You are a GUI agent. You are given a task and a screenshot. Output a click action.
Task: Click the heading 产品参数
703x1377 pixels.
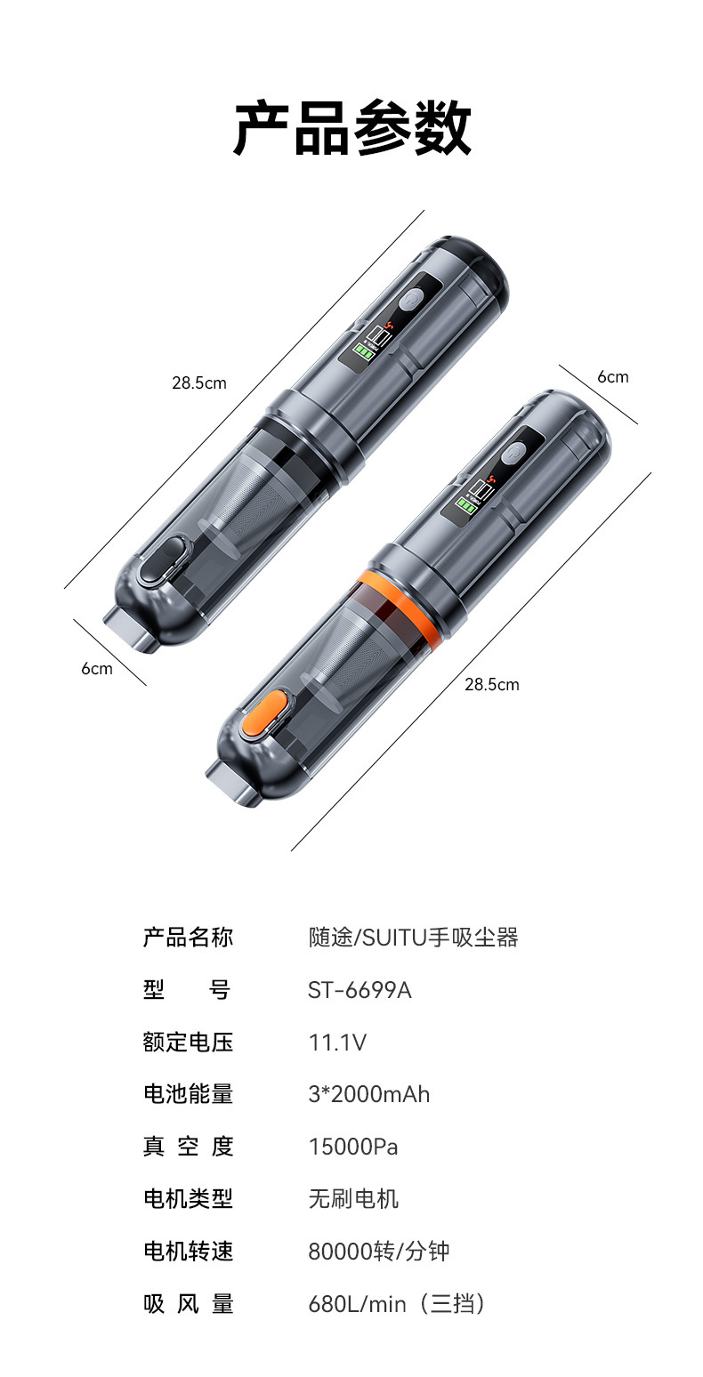coord(351,128)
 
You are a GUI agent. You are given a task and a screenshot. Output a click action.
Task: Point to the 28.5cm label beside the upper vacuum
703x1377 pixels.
coord(199,383)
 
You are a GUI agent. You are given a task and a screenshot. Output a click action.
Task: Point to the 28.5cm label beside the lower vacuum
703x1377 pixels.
coord(492,684)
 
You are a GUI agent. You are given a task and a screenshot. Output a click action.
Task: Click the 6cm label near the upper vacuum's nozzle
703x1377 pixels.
coord(97,669)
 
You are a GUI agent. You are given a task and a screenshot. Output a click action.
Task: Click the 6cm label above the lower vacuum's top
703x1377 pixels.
coord(613,377)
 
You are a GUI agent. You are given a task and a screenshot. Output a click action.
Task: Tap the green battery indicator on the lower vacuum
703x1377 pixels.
coord(465,506)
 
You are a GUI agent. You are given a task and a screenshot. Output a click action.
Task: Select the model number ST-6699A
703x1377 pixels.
coord(360,990)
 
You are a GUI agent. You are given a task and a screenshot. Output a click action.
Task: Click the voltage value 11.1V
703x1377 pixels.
coord(337,1043)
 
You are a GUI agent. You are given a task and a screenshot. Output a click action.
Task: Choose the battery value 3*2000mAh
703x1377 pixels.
coord(369,1095)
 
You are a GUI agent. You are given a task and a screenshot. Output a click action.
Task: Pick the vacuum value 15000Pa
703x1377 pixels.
coord(353,1147)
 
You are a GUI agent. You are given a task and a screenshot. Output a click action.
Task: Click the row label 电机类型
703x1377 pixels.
coord(188,1199)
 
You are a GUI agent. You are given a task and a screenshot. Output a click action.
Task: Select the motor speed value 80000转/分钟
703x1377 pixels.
coord(379,1252)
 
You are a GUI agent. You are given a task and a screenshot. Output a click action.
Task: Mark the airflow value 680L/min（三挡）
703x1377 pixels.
coord(397,1304)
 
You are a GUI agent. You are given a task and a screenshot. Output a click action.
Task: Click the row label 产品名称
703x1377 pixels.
coord(188,938)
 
